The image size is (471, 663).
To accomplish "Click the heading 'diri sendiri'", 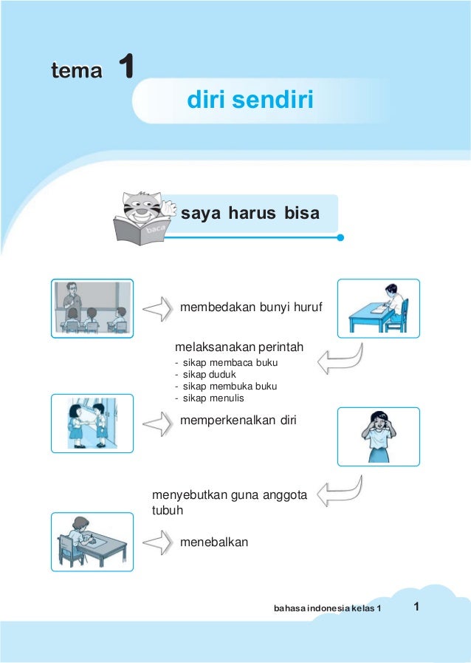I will click(x=250, y=99).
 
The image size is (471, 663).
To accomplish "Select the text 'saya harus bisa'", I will click(x=250, y=214).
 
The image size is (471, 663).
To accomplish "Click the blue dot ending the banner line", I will click(x=340, y=238).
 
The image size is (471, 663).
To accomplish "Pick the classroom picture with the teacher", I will click(x=92, y=307).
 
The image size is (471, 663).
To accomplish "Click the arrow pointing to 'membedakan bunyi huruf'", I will click(x=157, y=308).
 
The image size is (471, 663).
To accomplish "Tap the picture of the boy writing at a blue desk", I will click(x=378, y=307).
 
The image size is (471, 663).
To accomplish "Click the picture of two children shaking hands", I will click(x=92, y=423).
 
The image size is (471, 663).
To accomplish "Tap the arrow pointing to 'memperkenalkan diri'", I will click(x=157, y=424).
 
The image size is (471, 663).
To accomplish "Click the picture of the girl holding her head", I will click(x=378, y=436).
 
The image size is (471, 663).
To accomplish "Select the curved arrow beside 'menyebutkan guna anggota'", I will click(x=340, y=491).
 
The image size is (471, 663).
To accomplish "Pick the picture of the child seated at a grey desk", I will click(x=92, y=542).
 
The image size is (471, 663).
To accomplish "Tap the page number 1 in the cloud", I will click(x=417, y=607).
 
